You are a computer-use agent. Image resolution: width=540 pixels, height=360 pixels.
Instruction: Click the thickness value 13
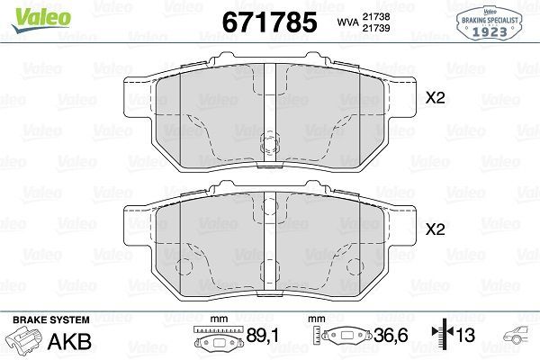pos(465,339)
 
